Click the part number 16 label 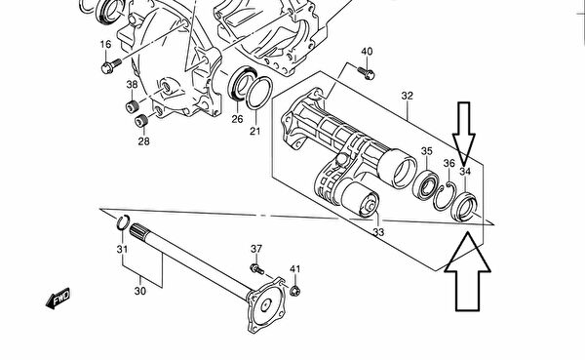pyautogui.click(x=105, y=44)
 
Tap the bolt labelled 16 pyautogui.click(x=111, y=65)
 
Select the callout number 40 pyautogui.click(x=367, y=52)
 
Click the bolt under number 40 pyautogui.click(x=367, y=73)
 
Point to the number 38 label pyautogui.click(x=132, y=85)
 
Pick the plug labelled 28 pyautogui.click(x=140, y=121)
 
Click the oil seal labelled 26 pyautogui.click(x=242, y=83)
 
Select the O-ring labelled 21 pyautogui.click(x=259, y=93)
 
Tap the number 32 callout pyautogui.click(x=408, y=96)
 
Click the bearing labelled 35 pyautogui.click(x=425, y=184)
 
